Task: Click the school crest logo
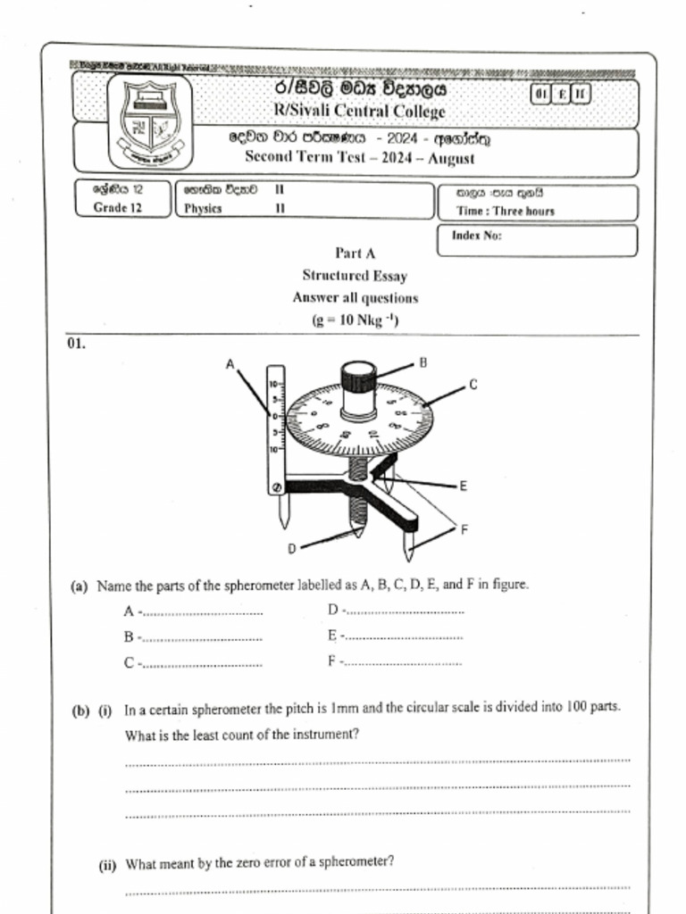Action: pos(150,122)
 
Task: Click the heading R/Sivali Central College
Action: pos(359,112)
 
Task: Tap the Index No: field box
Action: pos(538,240)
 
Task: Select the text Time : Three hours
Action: pos(506,212)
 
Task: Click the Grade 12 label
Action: pos(118,208)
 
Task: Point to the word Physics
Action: pos(204,209)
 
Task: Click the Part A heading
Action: pos(356,253)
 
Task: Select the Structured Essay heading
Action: pos(355,276)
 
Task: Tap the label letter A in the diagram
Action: pos(230,364)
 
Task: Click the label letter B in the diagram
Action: pos(422,362)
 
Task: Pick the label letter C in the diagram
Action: pos(473,385)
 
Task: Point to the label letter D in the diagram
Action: pos(291,548)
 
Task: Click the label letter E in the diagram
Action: pos(463,486)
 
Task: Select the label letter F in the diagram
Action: pos(464,529)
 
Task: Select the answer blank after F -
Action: pos(404,664)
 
